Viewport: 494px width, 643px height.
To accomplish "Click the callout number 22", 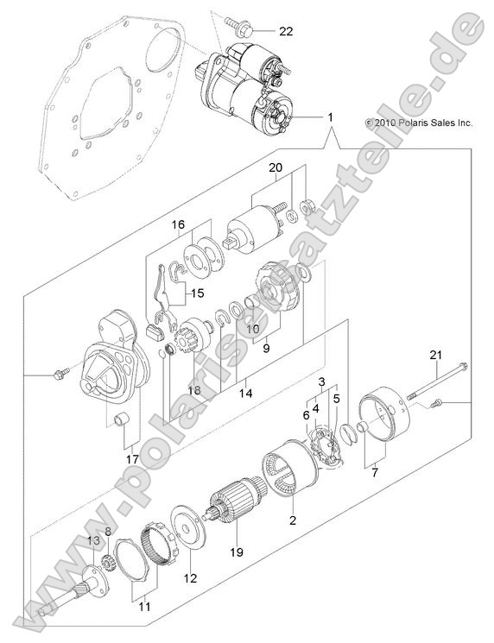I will (x=286, y=31).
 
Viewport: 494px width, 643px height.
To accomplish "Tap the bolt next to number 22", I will (x=239, y=28).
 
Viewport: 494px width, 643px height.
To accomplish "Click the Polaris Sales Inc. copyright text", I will (x=419, y=123).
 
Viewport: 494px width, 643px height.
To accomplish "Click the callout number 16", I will (x=179, y=225).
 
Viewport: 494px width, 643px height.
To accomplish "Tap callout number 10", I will (x=252, y=328).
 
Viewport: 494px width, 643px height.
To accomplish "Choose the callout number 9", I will (x=266, y=350).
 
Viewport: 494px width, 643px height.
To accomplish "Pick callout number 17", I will (x=131, y=459).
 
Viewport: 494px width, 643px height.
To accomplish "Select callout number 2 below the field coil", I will (x=293, y=520).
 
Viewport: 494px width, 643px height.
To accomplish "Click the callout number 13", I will (x=92, y=540).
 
